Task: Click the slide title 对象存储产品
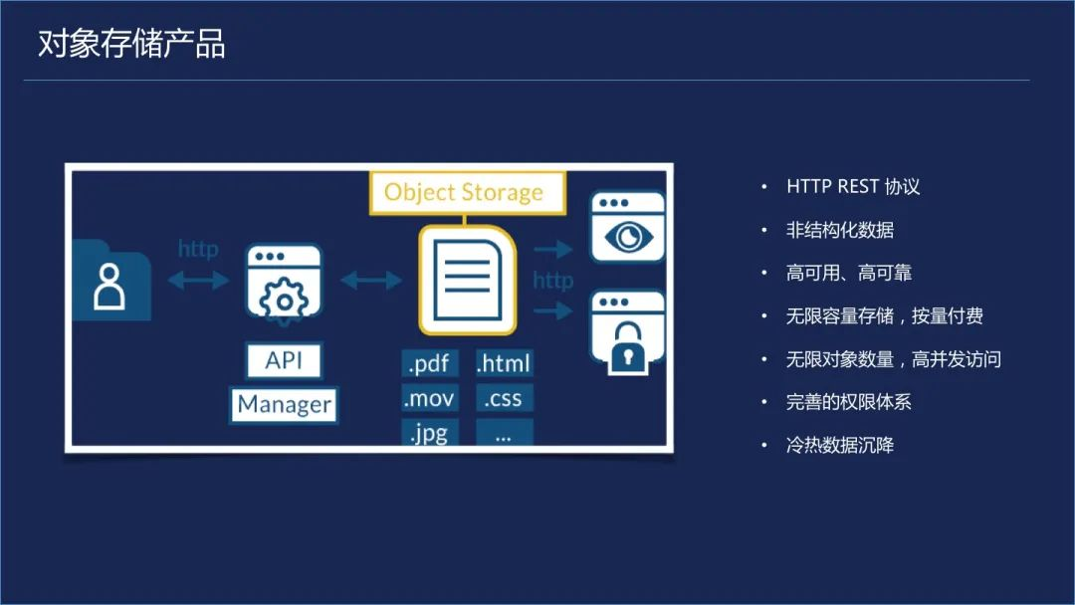point(131,45)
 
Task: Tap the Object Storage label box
point(464,192)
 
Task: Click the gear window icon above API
point(285,284)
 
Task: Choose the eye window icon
point(627,228)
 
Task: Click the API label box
point(284,360)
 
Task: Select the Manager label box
point(284,405)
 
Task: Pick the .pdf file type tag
point(430,364)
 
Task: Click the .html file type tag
point(504,364)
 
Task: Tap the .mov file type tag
point(429,399)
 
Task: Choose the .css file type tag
point(504,399)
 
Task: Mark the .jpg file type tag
point(429,433)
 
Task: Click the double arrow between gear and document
point(370,282)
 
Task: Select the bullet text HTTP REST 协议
point(853,187)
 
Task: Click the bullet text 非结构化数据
point(840,230)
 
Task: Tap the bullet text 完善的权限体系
point(848,402)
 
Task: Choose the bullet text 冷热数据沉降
point(840,445)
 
